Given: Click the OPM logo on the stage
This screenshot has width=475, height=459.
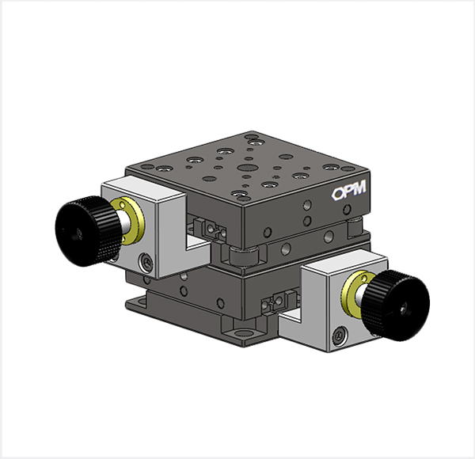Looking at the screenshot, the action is [x=349, y=190].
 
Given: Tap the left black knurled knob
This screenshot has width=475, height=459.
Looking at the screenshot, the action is [x=88, y=231].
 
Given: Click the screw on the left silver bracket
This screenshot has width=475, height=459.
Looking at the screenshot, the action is [x=146, y=261].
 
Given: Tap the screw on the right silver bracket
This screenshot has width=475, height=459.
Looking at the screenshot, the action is [x=340, y=336].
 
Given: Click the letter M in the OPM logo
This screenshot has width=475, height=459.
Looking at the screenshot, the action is [x=359, y=188].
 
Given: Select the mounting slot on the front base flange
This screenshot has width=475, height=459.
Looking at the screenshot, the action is [x=243, y=334].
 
